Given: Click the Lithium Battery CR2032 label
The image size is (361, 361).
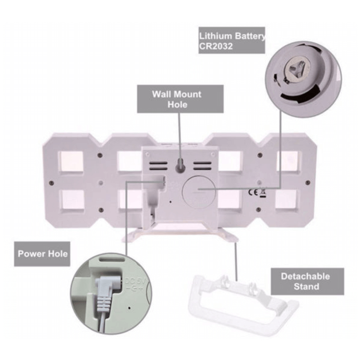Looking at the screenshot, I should [232, 41].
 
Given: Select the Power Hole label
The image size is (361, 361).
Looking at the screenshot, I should [42, 253].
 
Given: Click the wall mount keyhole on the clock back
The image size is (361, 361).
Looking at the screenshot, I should [180, 165].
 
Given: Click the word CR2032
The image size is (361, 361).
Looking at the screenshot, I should [217, 46].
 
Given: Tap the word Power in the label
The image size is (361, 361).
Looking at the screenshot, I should [31, 253].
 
